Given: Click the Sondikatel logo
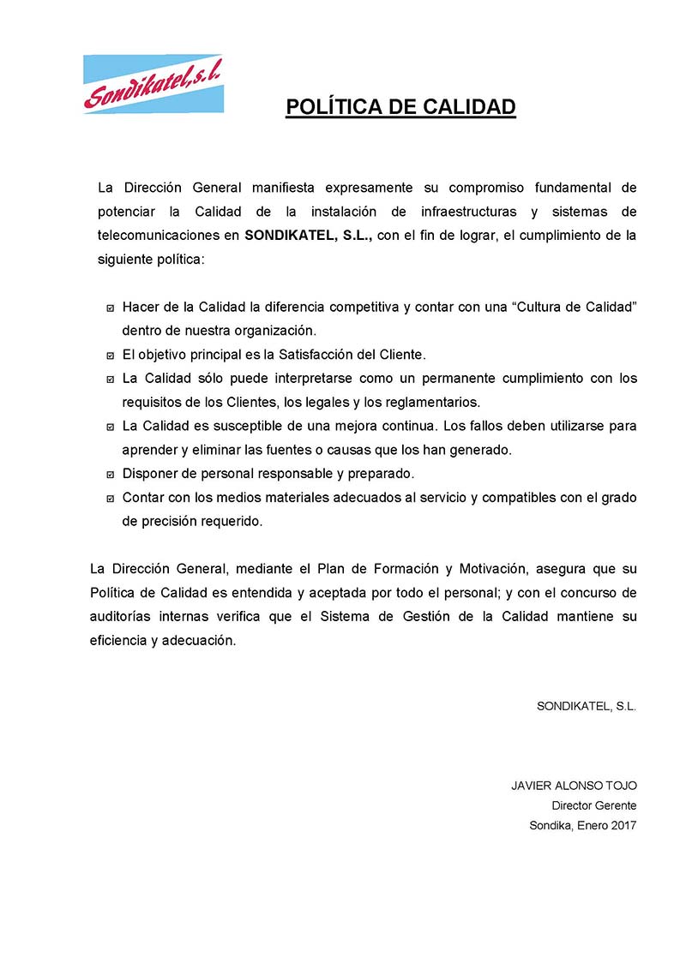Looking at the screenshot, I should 153,83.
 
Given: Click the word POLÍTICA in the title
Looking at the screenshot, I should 340,107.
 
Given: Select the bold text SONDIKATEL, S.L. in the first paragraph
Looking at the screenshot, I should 308,236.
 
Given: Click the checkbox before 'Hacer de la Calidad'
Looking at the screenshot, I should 111,308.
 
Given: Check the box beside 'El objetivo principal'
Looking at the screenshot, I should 111,355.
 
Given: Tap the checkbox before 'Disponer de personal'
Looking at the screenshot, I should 111,474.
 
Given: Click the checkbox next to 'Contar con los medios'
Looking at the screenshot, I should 111,498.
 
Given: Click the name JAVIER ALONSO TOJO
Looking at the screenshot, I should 574,786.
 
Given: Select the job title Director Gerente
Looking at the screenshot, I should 594,805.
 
